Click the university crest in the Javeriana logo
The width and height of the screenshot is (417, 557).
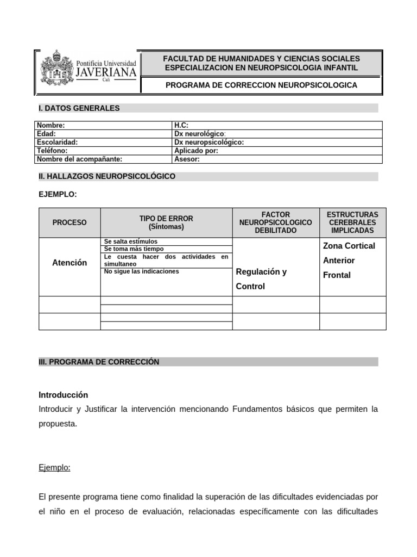(55, 67)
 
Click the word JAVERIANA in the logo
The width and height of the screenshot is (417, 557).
(105, 72)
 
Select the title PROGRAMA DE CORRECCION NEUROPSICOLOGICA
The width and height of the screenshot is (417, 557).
(261, 85)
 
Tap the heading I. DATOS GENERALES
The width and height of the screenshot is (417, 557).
(79, 108)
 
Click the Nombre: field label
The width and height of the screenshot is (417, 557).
(50, 125)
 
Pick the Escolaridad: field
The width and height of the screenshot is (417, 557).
(57, 142)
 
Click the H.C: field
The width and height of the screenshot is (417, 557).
(181, 125)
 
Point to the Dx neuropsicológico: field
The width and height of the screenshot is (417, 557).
(208, 142)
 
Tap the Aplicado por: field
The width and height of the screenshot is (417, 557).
(196, 151)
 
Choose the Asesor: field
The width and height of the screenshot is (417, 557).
(187, 159)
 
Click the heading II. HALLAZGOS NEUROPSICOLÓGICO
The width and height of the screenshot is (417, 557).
(107, 177)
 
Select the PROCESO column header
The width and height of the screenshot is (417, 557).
(69, 222)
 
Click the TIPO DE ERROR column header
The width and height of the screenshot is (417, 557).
(166, 222)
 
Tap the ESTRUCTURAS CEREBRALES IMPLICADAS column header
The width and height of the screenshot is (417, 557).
(352, 222)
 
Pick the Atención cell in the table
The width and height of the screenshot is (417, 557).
(69, 263)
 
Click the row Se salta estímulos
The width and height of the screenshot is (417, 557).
(130, 242)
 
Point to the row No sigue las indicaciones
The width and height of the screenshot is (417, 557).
(141, 271)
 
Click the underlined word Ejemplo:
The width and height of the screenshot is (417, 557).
(55, 468)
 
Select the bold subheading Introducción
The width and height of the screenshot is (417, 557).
(64, 395)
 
